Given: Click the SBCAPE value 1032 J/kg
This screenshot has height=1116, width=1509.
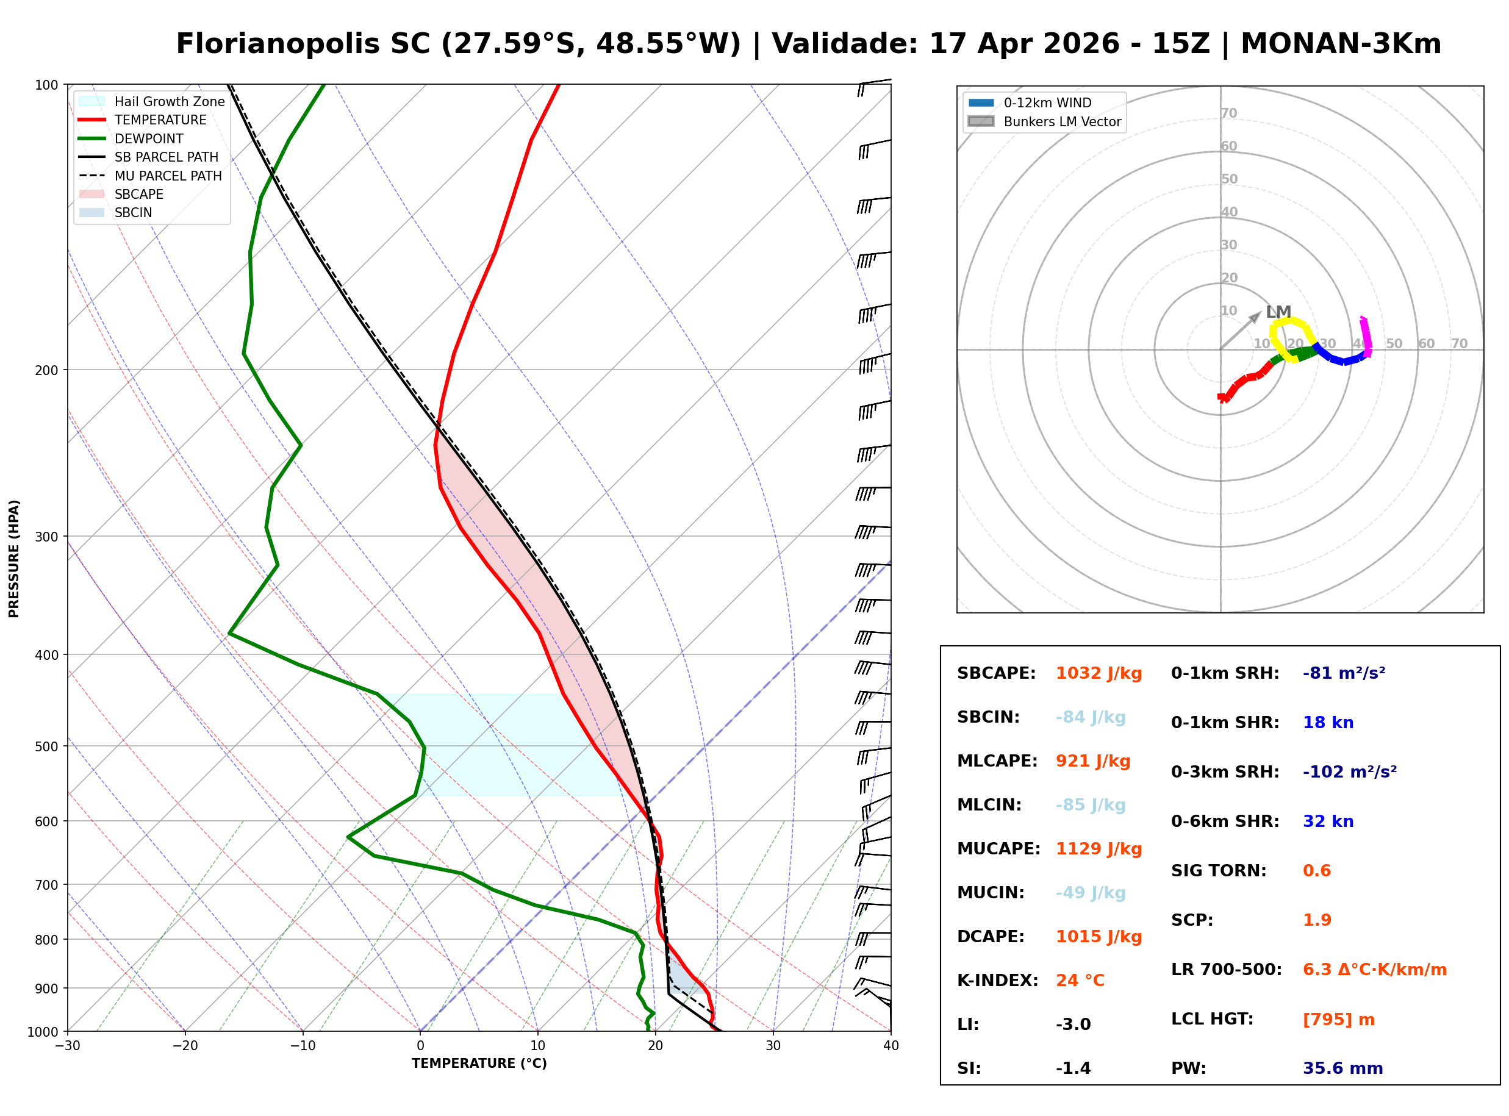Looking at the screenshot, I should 1099,673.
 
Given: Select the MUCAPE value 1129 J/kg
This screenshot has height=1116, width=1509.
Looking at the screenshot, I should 1099,848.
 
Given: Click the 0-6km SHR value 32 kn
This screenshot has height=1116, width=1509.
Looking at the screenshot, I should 1327,821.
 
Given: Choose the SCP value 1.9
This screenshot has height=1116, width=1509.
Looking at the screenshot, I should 1316,920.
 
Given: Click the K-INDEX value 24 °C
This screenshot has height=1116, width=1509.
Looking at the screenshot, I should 1080,980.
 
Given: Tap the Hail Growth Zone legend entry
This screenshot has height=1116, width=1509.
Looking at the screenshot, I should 169,101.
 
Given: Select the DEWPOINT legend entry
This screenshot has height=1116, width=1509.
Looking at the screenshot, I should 149,138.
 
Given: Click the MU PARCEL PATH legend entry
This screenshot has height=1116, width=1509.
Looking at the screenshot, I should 168,176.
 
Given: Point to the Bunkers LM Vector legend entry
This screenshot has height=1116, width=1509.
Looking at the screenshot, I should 1061,121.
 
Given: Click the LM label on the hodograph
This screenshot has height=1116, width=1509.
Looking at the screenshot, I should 1278,312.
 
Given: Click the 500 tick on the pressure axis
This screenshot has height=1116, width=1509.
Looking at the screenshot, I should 46,746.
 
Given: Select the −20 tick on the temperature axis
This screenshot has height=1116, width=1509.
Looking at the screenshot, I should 184,1046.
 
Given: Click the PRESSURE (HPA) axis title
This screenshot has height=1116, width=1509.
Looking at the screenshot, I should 14,558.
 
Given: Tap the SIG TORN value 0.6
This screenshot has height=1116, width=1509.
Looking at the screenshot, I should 1316,870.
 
